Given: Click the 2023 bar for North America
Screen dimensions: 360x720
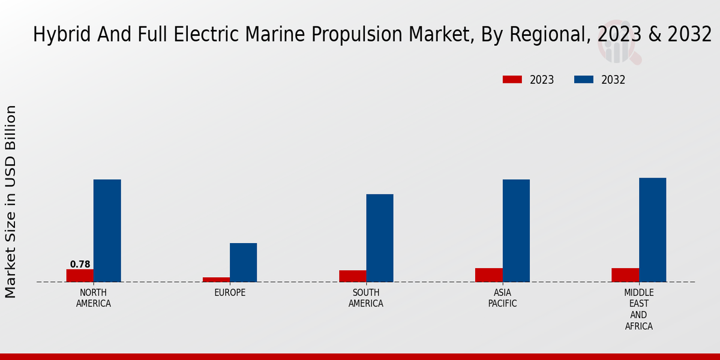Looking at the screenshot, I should (80, 275).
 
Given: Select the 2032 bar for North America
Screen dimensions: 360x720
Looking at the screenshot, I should (107, 230).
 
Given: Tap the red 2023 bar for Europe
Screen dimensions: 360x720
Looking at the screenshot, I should (216, 279).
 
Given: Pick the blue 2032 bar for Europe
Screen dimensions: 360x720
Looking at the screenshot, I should (244, 262).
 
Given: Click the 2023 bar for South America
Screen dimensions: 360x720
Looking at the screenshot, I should (352, 276).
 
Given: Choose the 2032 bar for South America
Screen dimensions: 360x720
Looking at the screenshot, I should (380, 238).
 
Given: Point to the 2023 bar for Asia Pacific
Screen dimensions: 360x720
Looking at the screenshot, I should (489, 275).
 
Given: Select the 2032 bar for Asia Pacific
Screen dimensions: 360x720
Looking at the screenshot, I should (516, 230).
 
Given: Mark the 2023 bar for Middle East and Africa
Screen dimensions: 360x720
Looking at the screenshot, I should (625, 275).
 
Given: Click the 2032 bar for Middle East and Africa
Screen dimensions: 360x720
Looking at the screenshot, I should (653, 230).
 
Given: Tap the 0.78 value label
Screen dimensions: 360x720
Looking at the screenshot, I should (80, 264).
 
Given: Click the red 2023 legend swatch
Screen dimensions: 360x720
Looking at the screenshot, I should (512, 80).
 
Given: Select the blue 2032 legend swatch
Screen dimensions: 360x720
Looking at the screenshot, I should (584, 80).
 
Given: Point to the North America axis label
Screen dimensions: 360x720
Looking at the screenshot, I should (94, 298).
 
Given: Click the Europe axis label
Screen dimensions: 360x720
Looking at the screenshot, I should (230, 293).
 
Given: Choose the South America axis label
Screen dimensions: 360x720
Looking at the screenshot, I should (366, 298).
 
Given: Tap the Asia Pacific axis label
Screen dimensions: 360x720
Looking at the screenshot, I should (502, 298).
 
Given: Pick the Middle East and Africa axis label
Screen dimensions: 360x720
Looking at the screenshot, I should (638, 310).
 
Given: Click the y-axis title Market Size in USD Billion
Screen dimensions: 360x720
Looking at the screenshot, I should (11, 202).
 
